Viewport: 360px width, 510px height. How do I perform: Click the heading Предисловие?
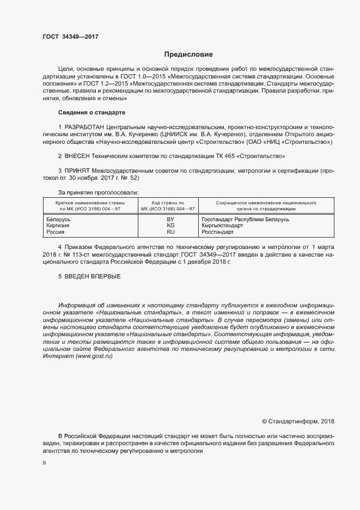coord(189,54)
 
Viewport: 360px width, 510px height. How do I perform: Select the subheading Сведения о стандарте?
coord(91,112)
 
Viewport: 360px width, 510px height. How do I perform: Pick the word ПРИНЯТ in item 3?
coord(78,171)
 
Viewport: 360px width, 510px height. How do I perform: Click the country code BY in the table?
coord(170,218)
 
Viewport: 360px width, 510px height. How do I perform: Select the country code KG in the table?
coord(170,225)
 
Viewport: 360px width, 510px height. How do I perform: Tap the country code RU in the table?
coord(170,232)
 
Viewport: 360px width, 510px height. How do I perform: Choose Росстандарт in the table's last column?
coord(217,232)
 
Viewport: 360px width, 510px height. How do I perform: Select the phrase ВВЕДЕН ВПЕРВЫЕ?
coord(92,277)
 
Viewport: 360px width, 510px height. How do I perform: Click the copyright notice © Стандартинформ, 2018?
coord(298,421)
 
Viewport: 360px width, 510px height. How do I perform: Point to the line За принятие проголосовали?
coord(98,192)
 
